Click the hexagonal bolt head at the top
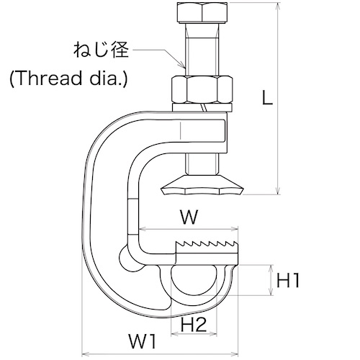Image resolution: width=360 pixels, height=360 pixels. pos(202,12)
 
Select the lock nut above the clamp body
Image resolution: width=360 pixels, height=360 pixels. pos(202,90)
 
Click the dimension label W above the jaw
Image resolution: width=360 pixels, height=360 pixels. pos(189,217)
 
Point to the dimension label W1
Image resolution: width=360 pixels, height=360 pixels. pos(143,341)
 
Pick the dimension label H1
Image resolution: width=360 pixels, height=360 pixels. pos(288,280)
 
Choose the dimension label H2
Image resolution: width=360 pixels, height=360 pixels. pos(194,324)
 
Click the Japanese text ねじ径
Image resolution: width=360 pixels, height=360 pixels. pos(101,50)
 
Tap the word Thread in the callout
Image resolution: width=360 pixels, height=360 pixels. pos(48,78)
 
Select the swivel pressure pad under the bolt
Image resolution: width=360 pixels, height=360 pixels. pos(202,185)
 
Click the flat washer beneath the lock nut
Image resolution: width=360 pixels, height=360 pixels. pos(202,108)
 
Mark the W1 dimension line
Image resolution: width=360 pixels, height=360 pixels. pos(160,354)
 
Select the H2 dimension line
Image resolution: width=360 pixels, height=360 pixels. pos(194,333)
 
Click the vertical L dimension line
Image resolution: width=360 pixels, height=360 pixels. pos(278,99)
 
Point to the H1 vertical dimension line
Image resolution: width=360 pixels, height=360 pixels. pos(271,280)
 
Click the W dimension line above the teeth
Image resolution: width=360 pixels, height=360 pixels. pos(189,230)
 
